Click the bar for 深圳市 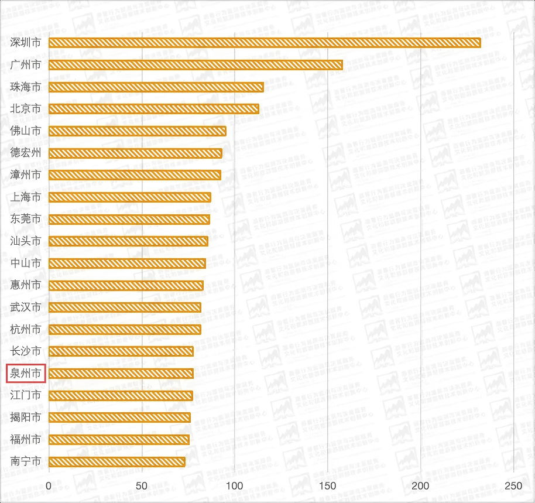click(265, 43)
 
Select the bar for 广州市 click(196, 65)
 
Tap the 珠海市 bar click(156, 87)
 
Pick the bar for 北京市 click(153, 109)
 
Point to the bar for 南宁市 click(116, 461)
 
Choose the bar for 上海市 click(129, 197)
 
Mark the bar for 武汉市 click(125, 307)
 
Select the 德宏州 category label click(26, 153)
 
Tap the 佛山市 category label click(26, 131)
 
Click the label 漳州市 click(26, 175)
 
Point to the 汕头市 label click(26, 241)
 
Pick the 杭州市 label click(26, 329)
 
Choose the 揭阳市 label click(26, 418)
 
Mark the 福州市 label click(26, 439)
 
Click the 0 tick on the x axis click(49, 486)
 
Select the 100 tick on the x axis click(235, 486)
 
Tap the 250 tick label click(513, 486)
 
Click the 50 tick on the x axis click(142, 486)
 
